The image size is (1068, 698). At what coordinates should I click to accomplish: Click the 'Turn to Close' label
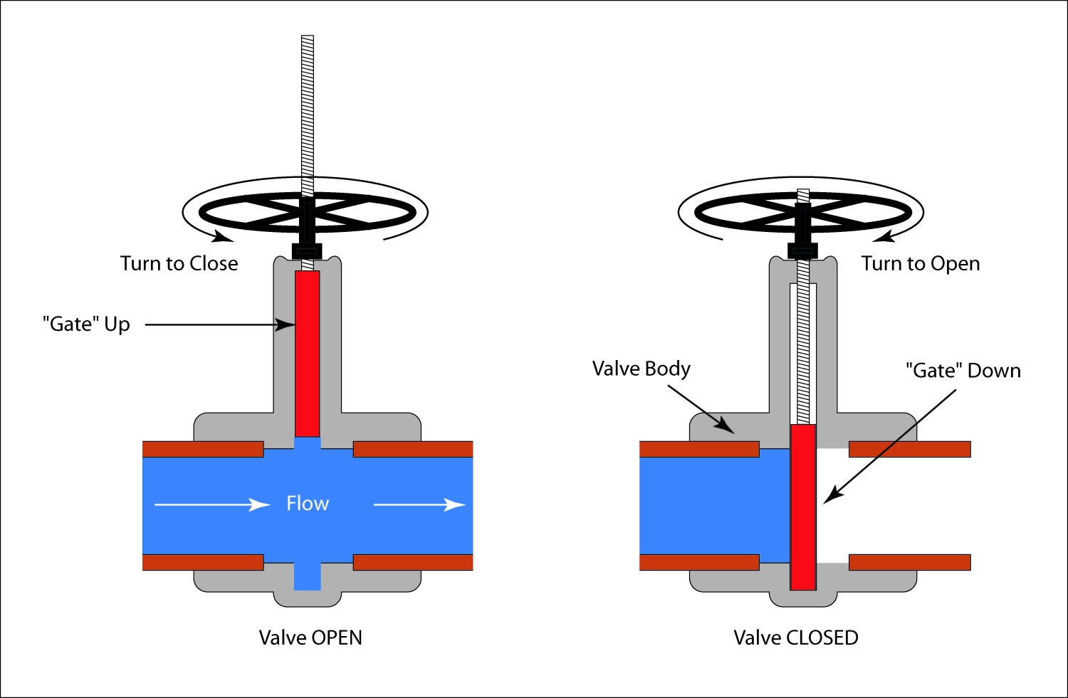point(179,263)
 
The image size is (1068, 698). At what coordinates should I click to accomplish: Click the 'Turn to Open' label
point(920,263)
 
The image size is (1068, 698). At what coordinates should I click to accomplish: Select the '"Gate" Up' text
point(86,324)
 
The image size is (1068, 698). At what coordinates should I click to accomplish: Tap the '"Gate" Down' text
point(963,371)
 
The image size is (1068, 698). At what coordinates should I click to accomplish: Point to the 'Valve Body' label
point(641,369)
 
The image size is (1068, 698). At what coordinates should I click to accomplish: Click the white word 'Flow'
point(308,504)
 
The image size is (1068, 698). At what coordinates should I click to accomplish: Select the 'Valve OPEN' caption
point(310,638)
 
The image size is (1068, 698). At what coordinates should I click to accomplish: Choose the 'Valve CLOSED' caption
point(795,638)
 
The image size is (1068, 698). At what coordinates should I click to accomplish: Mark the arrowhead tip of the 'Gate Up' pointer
point(294,324)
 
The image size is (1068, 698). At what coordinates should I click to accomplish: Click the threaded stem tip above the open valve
point(308,40)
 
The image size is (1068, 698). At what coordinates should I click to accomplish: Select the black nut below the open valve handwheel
point(307,251)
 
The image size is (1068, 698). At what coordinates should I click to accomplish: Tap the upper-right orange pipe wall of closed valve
point(909,449)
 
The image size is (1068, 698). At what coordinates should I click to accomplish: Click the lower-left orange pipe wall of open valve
point(203,562)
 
